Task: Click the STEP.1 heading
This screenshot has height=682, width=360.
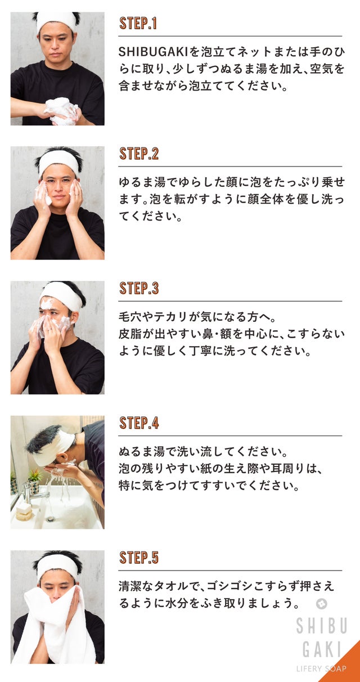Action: point(138,23)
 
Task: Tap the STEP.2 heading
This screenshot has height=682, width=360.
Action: point(139,154)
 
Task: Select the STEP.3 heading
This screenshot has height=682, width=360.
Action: point(139,288)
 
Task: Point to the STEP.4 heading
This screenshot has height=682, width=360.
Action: point(139,423)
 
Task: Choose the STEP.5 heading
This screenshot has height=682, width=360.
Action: point(139,557)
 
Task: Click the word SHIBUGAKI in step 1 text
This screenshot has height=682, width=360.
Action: point(153,52)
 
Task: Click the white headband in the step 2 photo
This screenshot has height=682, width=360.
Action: point(59,160)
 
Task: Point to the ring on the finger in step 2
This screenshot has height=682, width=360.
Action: point(76,194)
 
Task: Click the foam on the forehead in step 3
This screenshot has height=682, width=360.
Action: point(48,303)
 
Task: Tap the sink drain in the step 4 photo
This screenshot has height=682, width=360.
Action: point(51,518)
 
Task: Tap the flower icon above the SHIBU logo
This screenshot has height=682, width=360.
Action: point(321,603)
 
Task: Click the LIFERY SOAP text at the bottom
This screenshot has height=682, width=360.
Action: point(321,668)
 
